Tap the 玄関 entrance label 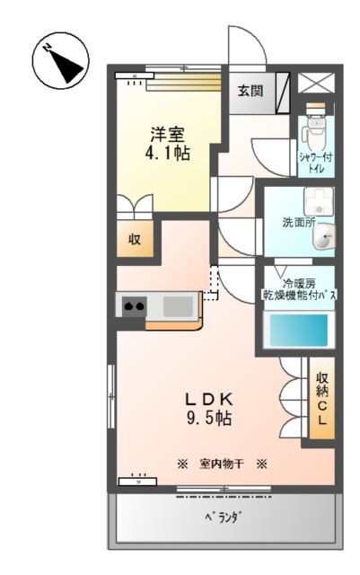point(250,90)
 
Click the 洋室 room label point(168,134)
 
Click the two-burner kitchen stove point(135,306)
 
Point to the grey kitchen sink point(177,306)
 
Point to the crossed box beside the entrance point(315,84)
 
